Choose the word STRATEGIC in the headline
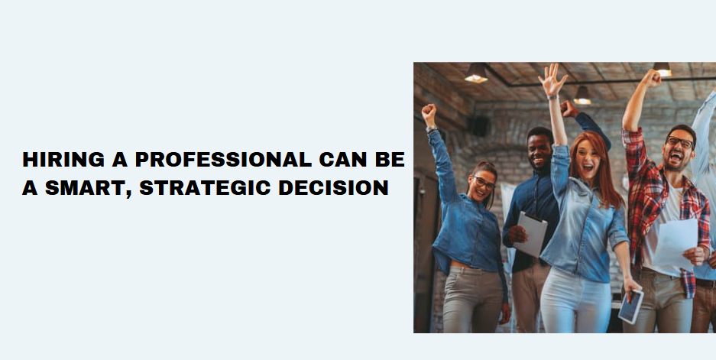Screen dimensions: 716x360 (x=205, y=188)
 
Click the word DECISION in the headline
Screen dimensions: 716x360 (x=333, y=188)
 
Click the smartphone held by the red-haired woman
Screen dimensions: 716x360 (x=630, y=306)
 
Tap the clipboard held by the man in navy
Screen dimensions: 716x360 (x=530, y=234)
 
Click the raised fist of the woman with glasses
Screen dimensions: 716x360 (x=429, y=113)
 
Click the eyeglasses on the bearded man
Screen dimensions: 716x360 (x=679, y=142)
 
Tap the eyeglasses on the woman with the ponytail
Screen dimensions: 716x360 (x=484, y=183)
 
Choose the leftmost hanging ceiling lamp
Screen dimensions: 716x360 (x=476, y=73)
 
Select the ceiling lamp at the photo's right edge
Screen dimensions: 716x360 (x=662, y=70)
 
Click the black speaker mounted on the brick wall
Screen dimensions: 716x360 (x=478, y=126)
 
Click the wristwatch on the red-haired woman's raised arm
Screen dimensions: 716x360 (x=552, y=97)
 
